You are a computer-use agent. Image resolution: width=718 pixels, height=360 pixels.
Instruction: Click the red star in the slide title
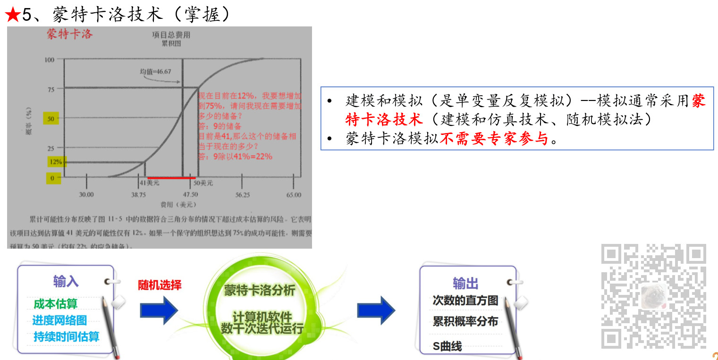click(x=12, y=15)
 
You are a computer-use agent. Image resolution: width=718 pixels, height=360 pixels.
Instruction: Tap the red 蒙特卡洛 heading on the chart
click(x=69, y=34)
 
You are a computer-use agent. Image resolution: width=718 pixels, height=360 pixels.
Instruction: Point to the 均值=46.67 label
click(x=155, y=72)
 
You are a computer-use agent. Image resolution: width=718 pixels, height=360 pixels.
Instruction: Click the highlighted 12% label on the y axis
click(x=56, y=162)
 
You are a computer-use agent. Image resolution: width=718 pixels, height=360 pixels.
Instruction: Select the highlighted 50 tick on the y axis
click(x=51, y=119)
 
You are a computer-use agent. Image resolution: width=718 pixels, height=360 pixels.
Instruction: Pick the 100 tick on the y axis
click(x=49, y=59)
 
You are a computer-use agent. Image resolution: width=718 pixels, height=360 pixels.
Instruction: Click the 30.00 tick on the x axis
click(x=86, y=194)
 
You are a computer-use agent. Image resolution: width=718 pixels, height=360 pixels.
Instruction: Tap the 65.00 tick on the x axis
click(x=293, y=194)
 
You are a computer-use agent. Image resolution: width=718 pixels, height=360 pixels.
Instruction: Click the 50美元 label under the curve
click(x=203, y=183)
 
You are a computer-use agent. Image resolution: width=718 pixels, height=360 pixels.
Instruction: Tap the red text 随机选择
click(x=160, y=285)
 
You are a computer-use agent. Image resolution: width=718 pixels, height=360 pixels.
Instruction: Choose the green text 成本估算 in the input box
click(x=55, y=304)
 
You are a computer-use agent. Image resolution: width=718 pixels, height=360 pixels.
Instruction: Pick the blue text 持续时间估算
click(x=67, y=337)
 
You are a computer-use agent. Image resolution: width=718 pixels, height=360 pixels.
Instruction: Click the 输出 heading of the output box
click(x=465, y=283)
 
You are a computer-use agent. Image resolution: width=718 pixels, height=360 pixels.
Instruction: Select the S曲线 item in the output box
click(x=447, y=346)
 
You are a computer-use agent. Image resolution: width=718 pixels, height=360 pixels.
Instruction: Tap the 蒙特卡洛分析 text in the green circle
click(x=259, y=290)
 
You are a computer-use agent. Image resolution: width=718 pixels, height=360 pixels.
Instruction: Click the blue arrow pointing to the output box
click(x=376, y=310)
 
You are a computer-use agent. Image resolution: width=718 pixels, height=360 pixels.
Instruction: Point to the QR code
click(x=653, y=296)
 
